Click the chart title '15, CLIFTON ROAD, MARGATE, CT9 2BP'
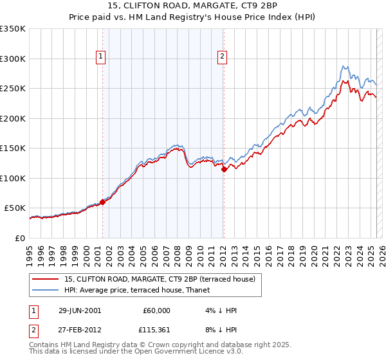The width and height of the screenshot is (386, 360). point(193,6)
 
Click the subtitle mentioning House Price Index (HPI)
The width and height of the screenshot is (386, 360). point(193,18)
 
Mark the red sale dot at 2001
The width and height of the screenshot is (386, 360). point(102,202)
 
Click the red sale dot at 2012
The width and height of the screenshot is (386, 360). point(224,169)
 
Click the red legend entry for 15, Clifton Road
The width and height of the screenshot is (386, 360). point(160,279)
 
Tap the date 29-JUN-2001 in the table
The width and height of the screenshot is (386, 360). point(80,310)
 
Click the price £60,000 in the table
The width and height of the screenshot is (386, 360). point(157,310)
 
